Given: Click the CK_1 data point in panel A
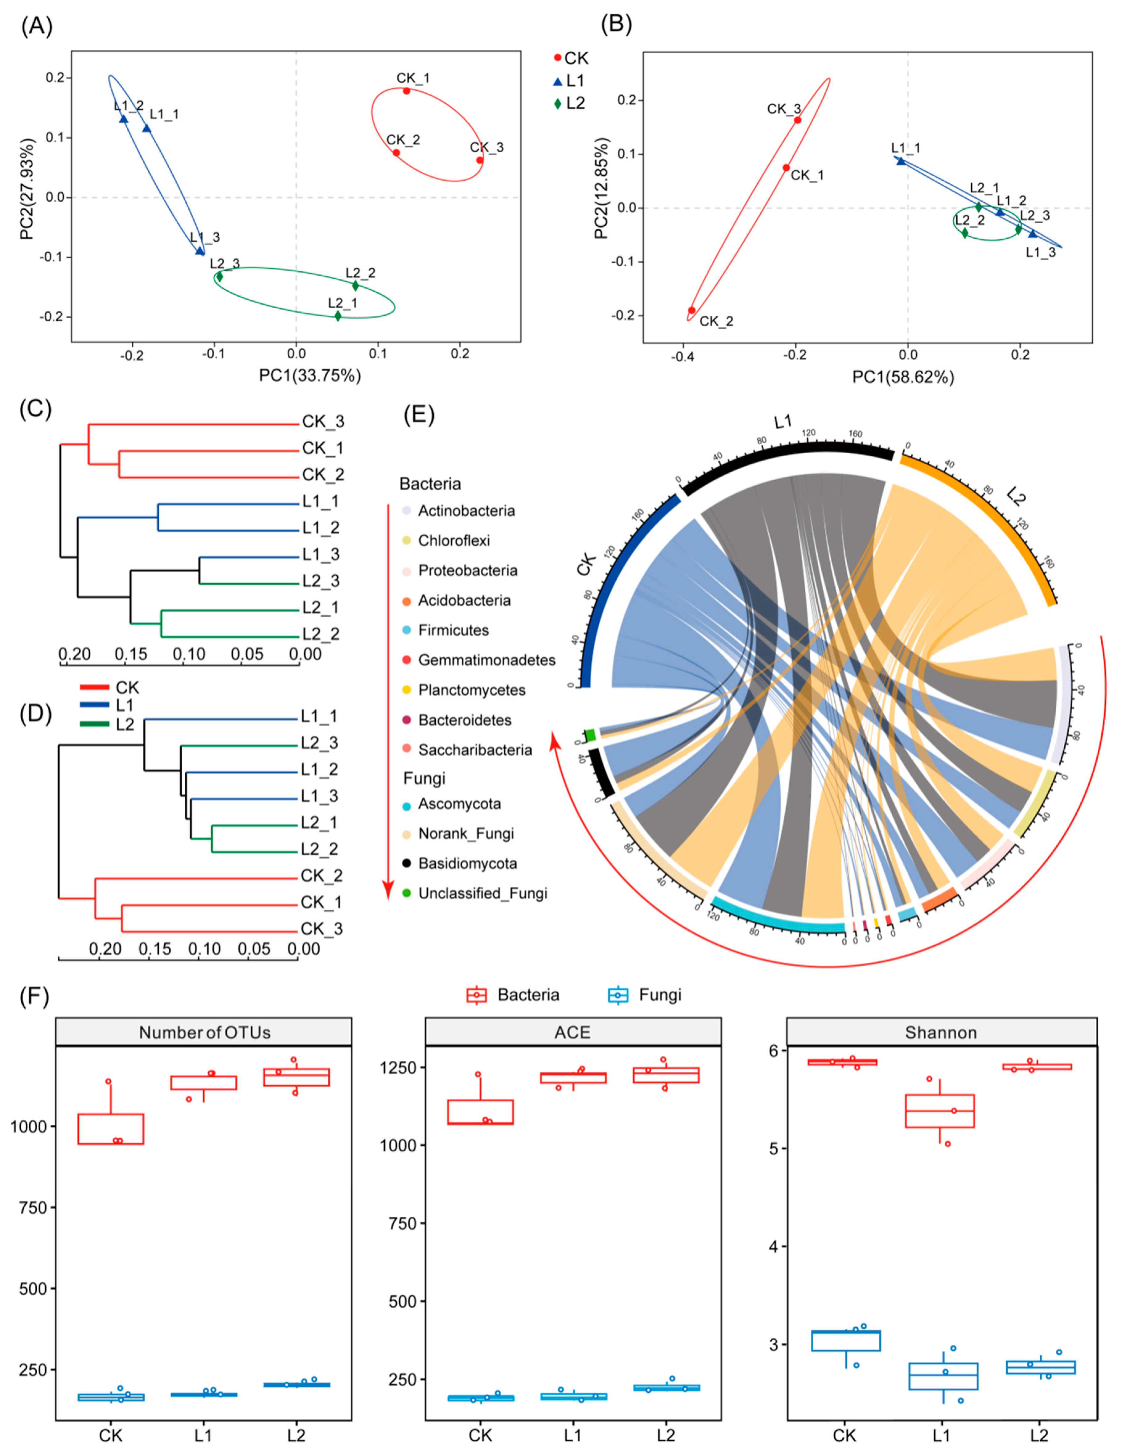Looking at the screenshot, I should (406, 91).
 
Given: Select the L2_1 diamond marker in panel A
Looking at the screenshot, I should (338, 316).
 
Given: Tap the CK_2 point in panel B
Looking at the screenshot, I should (692, 310).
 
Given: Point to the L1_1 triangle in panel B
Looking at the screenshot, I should (901, 161).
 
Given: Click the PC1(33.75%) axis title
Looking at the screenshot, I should (310, 376).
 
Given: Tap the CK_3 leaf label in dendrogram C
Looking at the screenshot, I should (323, 422).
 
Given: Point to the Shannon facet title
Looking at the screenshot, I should (941, 1033).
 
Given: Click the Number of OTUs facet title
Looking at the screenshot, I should (204, 1033).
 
